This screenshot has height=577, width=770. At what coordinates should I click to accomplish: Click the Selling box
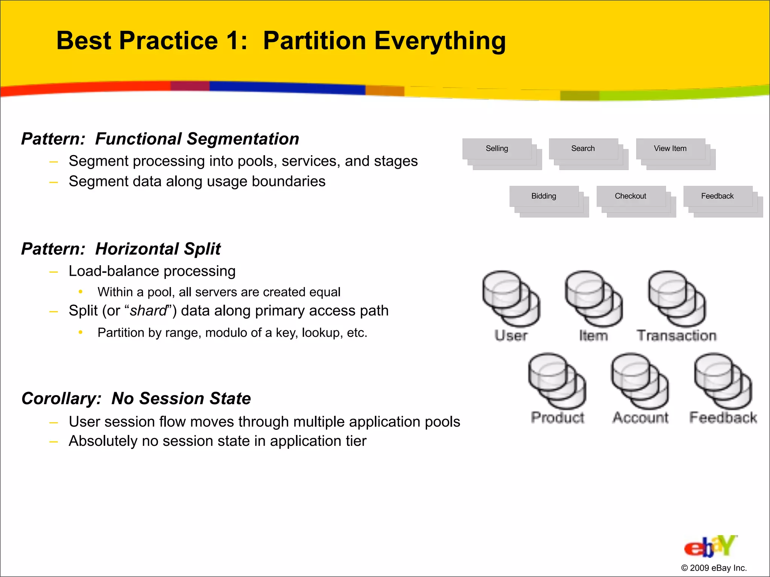(x=497, y=149)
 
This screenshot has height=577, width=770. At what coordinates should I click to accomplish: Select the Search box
(x=583, y=149)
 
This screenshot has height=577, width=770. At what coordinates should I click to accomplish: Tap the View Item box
(x=670, y=149)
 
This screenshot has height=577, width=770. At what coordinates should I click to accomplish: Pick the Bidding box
(x=544, y=196)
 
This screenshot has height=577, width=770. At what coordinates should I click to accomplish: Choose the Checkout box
(x=631, y=196)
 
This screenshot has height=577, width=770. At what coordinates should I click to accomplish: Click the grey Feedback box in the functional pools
(x=717, y=196)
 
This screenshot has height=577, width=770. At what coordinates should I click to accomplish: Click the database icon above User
(x=511, y=299)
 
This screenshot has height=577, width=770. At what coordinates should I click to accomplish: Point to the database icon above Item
(x=593, y=299)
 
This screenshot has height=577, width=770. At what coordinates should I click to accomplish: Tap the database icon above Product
(x=557, y=381)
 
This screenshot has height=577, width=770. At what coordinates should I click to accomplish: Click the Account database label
(x=641, y=418)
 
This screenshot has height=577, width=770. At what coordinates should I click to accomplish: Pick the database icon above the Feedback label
(x=723, y=381)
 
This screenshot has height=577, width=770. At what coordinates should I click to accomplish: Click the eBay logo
(x=710, y=547)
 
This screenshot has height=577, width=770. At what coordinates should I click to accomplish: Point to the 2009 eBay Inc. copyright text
(x=714, y=568)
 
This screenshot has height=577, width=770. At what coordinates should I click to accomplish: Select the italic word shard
(x=148, y=311)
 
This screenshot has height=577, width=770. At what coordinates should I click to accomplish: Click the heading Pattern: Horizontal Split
(x=121, y=249)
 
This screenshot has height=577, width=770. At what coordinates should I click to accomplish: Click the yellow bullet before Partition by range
(x=80, y=332)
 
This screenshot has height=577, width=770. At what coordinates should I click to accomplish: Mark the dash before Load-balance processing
(x=54, y=272)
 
